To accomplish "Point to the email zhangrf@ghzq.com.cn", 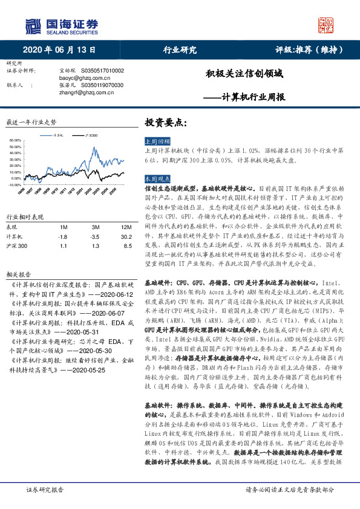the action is click(x=76, y=92).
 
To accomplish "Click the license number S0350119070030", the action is click(x=101, y=85).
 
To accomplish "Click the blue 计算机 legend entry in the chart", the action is click(x=57, y=135).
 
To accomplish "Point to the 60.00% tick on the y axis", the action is click(x=16, y=141).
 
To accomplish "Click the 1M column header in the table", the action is click(x=62, y=227).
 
